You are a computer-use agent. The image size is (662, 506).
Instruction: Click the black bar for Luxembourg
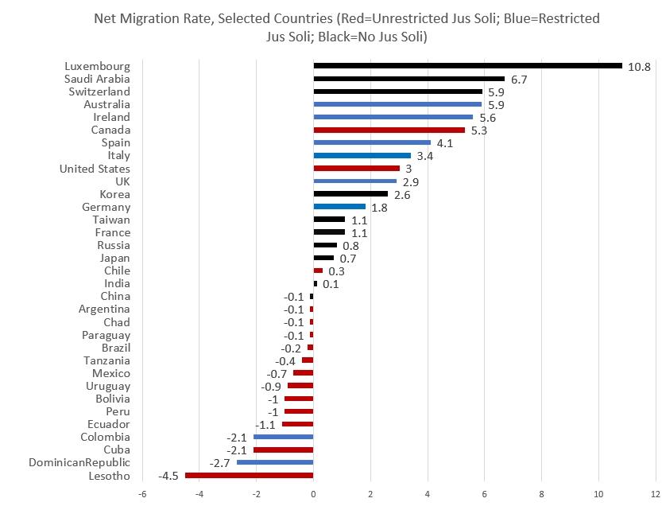[x=468, y=65]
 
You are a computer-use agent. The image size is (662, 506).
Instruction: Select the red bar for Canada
[x=389, y=130]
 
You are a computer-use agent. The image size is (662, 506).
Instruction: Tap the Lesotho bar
[x=249, y=476]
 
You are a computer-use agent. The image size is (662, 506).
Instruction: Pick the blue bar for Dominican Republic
[x=275, y=462]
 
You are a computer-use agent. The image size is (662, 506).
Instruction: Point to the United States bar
[x=356, y=168]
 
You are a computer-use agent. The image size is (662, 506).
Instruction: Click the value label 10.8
[x=639, y=67]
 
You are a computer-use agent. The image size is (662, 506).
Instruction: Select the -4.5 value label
[x=168, y=476]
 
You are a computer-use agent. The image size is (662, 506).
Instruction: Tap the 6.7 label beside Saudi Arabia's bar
[x=519, y=80]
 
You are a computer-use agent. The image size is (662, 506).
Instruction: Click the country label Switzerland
[x=99, y=91]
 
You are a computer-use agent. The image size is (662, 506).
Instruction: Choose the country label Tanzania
[x=106, y=360]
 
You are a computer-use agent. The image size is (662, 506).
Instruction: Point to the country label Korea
[x=114, y=194]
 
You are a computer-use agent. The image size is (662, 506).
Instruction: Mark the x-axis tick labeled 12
[x=655, y=494]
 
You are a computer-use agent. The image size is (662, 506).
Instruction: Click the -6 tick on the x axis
[x=142, y=494]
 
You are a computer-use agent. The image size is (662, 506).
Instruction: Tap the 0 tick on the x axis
[x=313, y=494]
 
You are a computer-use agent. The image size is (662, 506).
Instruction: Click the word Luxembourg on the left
[x=97, y=66]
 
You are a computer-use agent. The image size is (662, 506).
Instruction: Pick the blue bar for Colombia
[x=283, y=437]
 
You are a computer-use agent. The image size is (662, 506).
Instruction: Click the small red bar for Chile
[x=318, y=271]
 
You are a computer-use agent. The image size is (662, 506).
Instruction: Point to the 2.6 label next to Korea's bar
[x=402, y=195]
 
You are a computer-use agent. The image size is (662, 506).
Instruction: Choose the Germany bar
[x=339, y=207]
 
